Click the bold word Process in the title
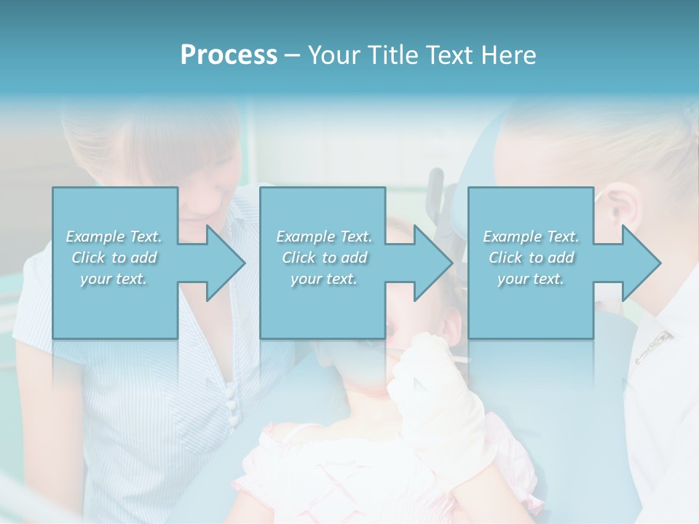229,55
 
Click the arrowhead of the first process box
226,263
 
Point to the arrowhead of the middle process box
433,263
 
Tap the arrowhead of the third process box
641,263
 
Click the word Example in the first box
95,236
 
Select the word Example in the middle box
305,236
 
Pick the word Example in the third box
512,236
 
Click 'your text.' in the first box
114,279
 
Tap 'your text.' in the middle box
323,279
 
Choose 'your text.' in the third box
530,279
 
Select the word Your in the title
331,55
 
